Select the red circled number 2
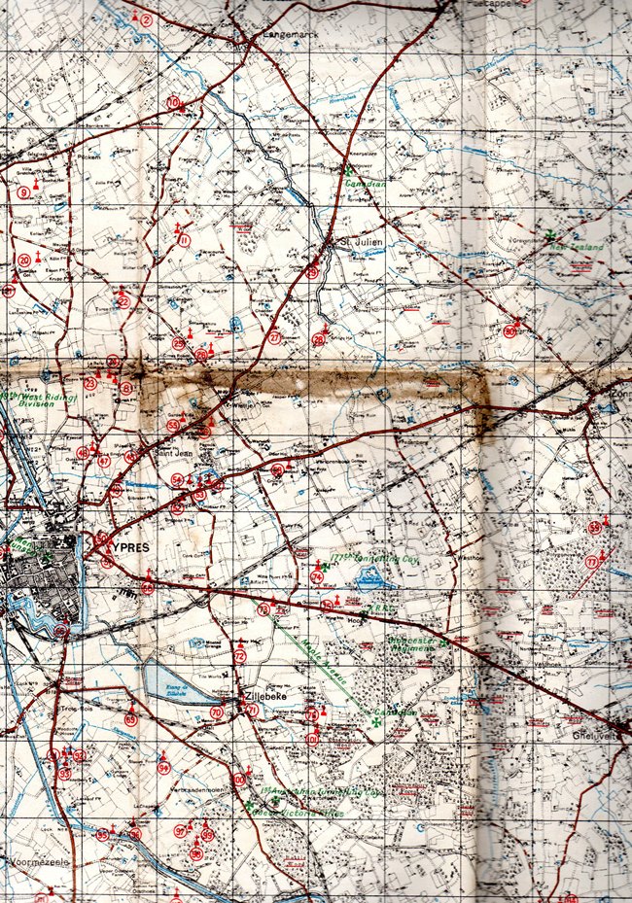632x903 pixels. pyautogui.click(x=146, y=19)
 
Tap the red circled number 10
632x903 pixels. pyautogui.click(x=173, y=102)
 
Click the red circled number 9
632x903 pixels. pyautogui.click(x=25, y=192)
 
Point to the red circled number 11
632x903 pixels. pyautogui.click(x=183, y=240)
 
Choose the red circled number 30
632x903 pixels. pyautogui.click(x=510, y=330)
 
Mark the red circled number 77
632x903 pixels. pyautogui.click(x=592, y=562)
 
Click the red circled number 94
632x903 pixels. pyautogui.click(x=163, y=768)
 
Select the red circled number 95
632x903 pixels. pyautogui.click(x=103, y=834)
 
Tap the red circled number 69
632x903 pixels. pyautogui.click(x=130, y=719)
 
